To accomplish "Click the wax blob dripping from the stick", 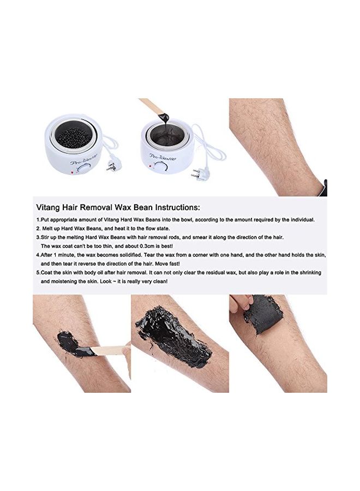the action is point(164,117).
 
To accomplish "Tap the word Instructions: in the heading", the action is point(178,207).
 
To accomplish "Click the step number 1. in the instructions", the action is point(39,220).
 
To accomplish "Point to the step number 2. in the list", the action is point(39,229).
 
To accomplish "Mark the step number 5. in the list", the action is point(39,273).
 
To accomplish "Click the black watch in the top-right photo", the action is point(325,188).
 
